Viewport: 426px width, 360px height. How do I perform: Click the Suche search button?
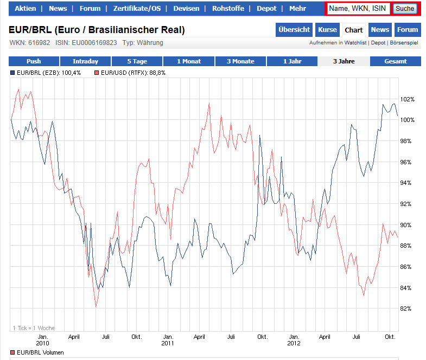405,9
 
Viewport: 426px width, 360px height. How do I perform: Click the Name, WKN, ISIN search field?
358,9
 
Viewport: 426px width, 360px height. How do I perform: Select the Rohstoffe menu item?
227,9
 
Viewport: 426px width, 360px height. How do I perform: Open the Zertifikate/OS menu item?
137,9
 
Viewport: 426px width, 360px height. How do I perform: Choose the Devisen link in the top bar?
186,9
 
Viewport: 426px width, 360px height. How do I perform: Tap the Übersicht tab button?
294,30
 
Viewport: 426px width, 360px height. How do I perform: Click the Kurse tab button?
327,30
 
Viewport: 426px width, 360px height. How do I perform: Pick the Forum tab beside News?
407,30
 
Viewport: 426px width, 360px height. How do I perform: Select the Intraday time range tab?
85,61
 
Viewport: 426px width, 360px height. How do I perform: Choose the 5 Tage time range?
137,61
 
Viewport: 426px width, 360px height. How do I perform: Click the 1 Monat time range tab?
189,61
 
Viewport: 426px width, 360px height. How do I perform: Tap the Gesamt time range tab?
396,61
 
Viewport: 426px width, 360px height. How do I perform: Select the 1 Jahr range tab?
292,61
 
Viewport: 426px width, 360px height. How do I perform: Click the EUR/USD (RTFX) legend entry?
130,72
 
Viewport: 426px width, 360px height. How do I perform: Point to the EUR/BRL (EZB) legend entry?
46,72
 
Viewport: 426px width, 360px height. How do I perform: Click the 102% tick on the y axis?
407,99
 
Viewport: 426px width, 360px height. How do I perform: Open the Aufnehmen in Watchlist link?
338,43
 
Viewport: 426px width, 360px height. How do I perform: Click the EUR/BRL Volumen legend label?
37,352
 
